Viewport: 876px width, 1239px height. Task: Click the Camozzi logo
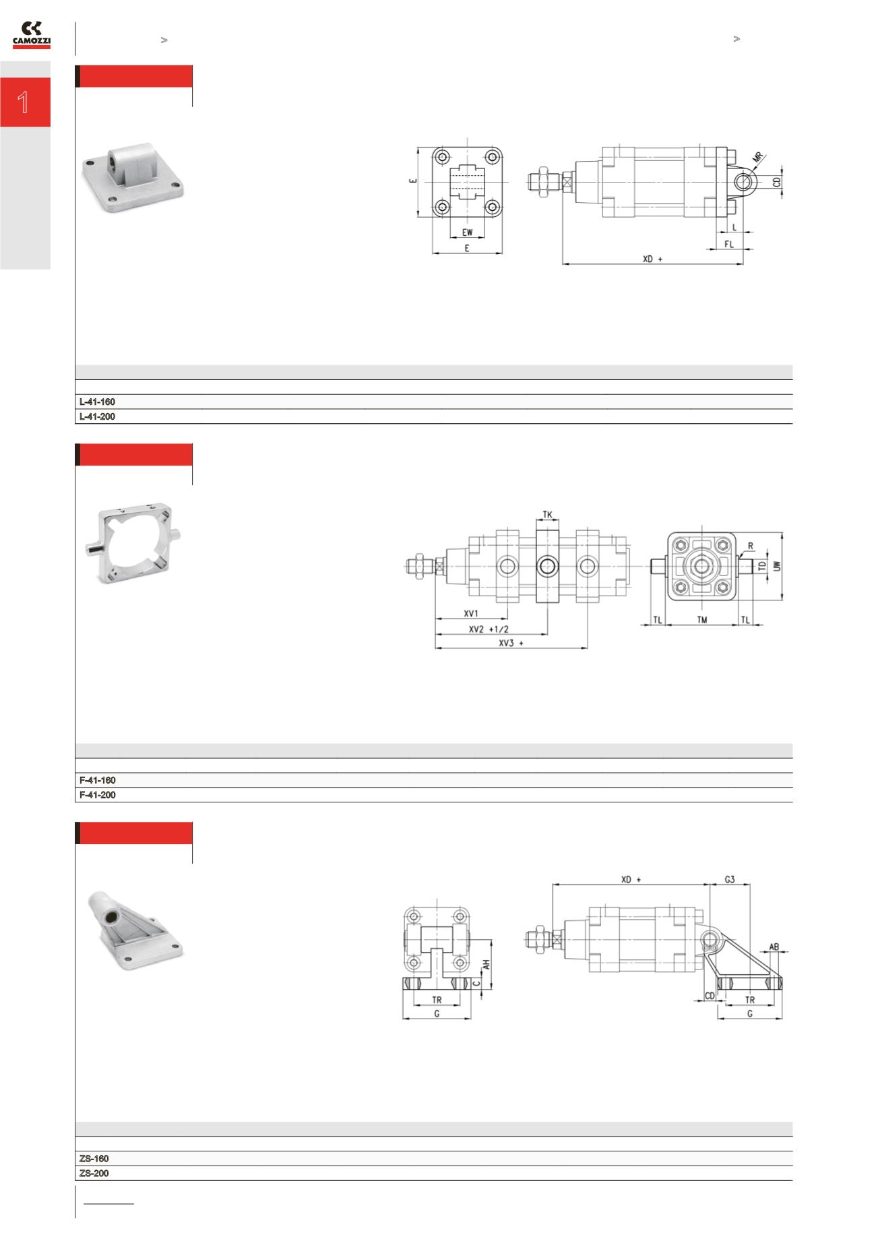pos(32,35)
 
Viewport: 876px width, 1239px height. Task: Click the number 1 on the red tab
pos(24,102)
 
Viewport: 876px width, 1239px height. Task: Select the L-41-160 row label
pos(97,402)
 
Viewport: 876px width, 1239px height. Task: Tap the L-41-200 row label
pos(97,417)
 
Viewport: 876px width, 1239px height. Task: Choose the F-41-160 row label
pos(97,780)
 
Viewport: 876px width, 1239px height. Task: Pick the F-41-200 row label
pos(97,795)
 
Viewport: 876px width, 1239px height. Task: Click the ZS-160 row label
pos(94,1159)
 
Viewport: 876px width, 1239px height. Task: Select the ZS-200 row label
pos(94,1174)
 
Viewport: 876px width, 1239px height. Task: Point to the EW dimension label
pos(467,232)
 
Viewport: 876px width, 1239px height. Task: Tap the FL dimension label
pos(729,245)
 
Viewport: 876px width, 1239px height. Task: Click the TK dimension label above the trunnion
pos(547,515)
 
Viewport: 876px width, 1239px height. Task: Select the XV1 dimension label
pos(470,614)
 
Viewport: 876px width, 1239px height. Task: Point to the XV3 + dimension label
pos(511,643)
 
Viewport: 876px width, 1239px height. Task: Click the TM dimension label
pos(702,620)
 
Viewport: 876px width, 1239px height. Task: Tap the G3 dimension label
pos(729,879)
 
